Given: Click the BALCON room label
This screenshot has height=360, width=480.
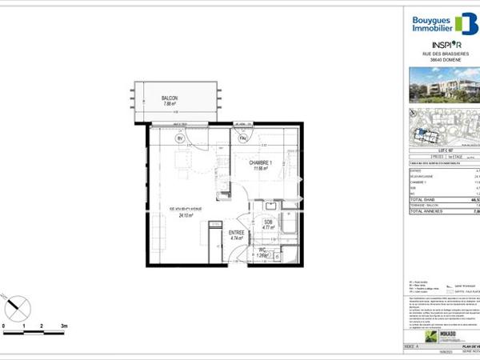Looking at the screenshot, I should click(168, 98).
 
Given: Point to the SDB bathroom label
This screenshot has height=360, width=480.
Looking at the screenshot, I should click(270, 222).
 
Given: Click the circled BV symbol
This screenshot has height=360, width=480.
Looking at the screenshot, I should click(180, 138).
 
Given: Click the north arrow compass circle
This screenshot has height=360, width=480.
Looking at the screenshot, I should click(18, 306).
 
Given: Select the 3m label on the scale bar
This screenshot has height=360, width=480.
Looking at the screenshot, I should click(64, 327).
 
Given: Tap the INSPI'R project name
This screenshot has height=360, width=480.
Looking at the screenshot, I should click(446, 44).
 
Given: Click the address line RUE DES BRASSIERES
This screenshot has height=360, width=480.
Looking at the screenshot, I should click(446, 54).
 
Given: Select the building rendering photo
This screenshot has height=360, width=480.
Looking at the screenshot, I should click(446, 85).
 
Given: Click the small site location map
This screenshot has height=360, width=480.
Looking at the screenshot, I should click(446, 125).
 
